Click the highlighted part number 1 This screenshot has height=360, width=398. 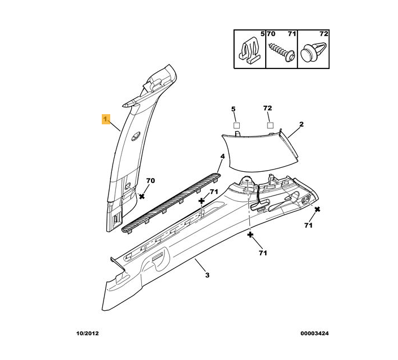click(105, 119)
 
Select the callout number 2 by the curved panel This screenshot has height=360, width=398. click(301, 124)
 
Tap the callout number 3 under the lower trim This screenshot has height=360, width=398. click(207, 275)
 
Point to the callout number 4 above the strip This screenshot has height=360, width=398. click(223, 156)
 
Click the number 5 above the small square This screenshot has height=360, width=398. click(232, 108)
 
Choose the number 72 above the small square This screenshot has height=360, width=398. click(268, 108)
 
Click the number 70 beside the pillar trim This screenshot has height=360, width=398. click(150, 181)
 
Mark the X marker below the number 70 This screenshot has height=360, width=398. click(142, 196)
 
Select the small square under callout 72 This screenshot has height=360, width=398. click(270, 125)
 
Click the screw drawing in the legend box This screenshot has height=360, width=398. click(281, 51)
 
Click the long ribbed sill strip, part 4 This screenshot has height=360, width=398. click(172, 201)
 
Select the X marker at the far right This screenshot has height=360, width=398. click(318, 210)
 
